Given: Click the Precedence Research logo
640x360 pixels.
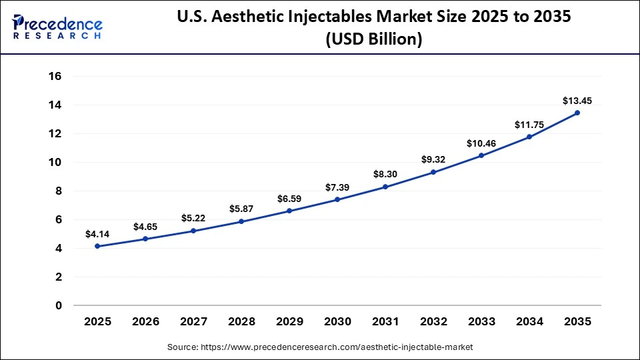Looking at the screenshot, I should [57, 27].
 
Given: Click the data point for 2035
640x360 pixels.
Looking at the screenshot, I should [577, 113].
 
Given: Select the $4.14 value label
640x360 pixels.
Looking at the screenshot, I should [97, 234].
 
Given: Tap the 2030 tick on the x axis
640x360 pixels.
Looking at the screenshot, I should [337, 321].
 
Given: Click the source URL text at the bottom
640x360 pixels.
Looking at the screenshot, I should [320, 347].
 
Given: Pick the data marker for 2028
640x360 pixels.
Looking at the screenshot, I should [241, 221].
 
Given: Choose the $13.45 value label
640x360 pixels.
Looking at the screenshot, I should [577, 101].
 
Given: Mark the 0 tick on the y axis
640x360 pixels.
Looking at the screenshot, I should [59, 306].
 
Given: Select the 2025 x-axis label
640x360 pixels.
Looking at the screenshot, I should [97, 321].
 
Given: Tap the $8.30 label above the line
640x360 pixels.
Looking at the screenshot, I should [385, 175].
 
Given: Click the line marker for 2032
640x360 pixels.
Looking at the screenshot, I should [433, 172].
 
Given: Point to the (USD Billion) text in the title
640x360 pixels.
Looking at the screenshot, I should [373, 40].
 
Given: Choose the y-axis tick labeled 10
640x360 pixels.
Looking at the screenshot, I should [55, 163].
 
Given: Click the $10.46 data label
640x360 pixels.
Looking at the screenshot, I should [481, 143].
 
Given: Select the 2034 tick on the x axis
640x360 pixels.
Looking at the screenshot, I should [529, 321].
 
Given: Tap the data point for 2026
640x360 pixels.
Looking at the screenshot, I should [145, 239].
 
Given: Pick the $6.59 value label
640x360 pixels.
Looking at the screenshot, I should [289, 199].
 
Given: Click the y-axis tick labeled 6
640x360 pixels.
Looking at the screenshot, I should [59, 220].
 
